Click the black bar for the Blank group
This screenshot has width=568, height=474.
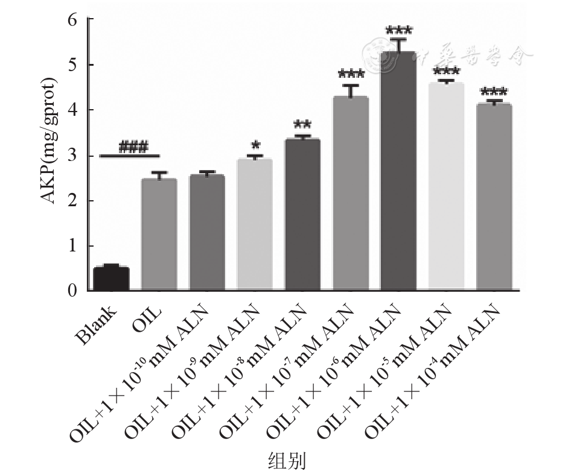[111, 279]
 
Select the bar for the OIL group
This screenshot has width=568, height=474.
[159, 235]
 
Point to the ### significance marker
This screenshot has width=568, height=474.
[133, 147]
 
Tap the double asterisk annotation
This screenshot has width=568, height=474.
[302, 125]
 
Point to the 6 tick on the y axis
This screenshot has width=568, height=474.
[73, 19]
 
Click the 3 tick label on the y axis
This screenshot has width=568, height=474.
[73, 156]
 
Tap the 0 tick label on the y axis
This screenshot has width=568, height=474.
[73, 291]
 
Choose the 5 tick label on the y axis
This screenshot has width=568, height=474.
[73, 65]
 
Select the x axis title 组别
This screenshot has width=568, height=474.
[287, 461]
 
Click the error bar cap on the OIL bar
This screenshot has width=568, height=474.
[159, 172]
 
